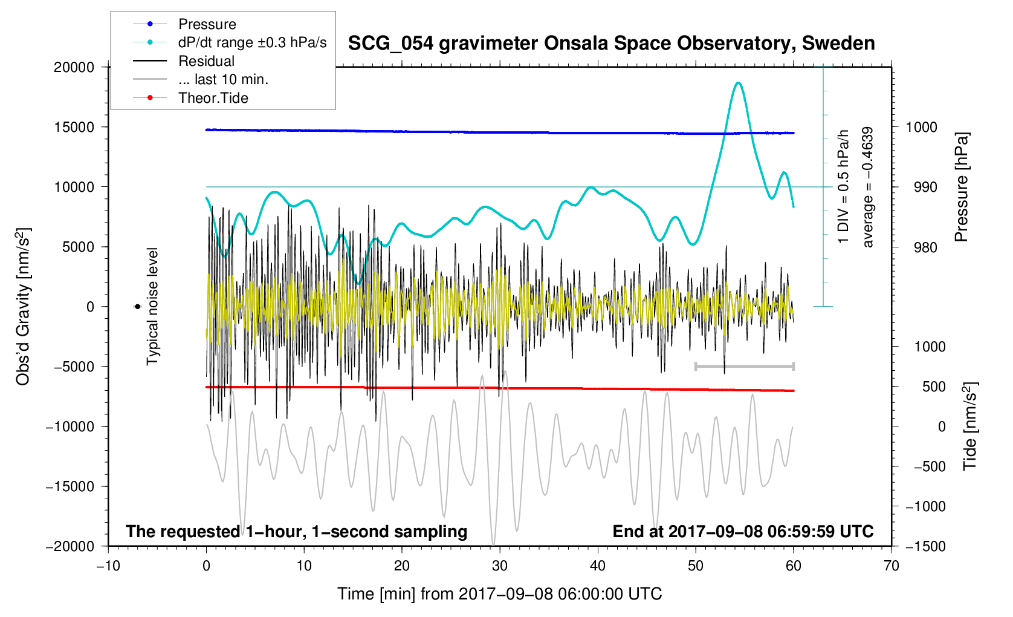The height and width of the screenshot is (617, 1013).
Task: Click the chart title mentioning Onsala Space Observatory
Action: pos(611,44)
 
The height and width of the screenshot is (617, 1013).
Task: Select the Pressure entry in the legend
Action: pos(207,24)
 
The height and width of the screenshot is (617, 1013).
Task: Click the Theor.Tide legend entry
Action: pos(213,98)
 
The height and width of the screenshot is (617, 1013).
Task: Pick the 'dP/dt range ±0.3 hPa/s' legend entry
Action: pos(252,42)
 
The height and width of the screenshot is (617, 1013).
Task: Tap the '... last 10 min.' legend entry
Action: pos(223,79)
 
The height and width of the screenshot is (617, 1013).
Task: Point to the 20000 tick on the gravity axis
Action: pos(74,67)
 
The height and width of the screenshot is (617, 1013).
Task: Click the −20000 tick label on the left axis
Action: pos(71,546)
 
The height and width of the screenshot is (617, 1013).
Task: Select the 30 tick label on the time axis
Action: pos(500,566)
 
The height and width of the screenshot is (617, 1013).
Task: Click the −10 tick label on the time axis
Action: pos(108,566)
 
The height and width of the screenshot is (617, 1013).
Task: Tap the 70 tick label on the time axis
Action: pos(891,566)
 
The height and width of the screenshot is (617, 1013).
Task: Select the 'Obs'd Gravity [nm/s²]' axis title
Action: pos(23,307)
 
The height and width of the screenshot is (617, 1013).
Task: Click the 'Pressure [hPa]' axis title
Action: pos(961,187)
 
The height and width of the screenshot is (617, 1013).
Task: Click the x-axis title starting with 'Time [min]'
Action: pos(499,594)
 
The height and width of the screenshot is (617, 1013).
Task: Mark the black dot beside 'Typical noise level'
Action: pos(138,307)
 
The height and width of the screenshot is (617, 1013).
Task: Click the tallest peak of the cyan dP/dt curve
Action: pos(738,83)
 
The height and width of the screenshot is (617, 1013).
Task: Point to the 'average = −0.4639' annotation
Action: pos(868,187)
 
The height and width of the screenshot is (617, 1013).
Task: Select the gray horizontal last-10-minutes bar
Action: pos(745,367)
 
